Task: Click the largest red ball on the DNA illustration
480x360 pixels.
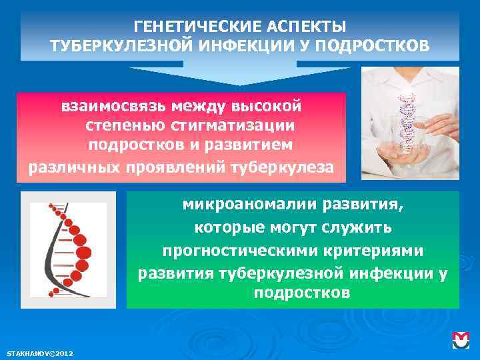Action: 83,253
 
